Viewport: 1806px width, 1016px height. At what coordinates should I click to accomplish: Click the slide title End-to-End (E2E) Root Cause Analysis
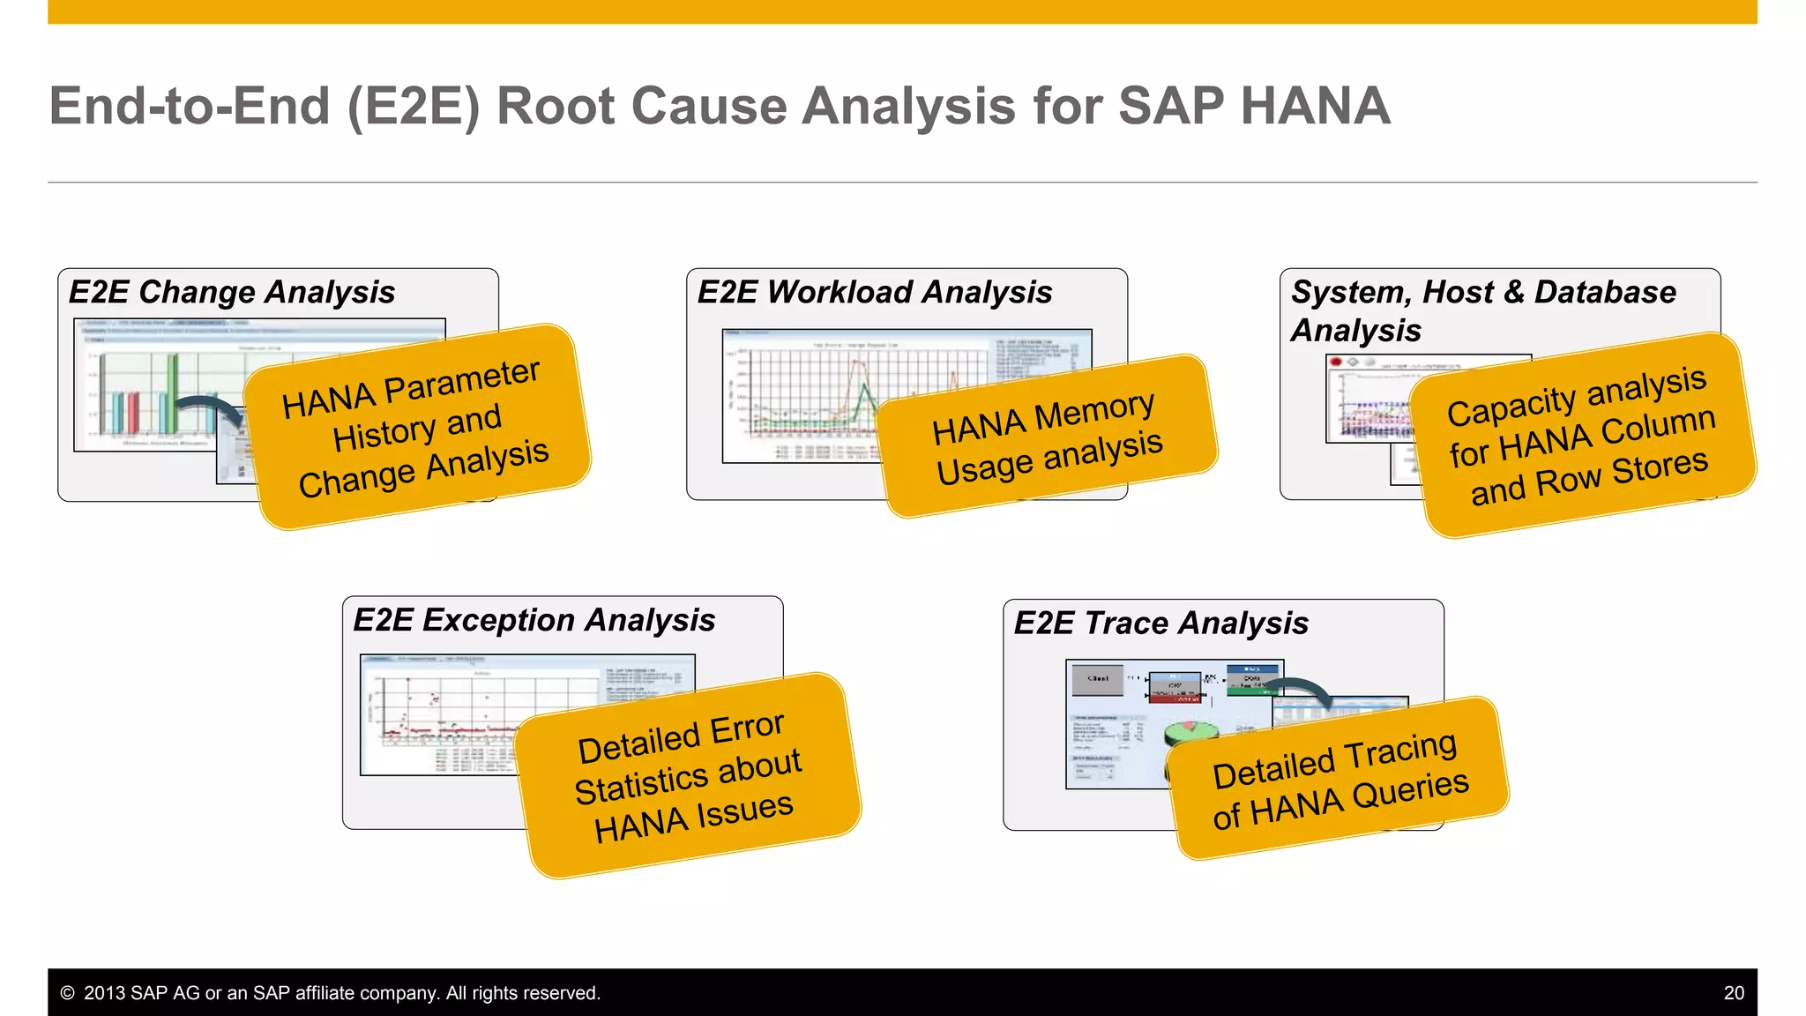(x=719, y=106)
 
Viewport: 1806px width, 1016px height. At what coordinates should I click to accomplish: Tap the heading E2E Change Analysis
(x=232, y=292)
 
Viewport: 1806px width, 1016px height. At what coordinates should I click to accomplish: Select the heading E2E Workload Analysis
(x=875, y=292)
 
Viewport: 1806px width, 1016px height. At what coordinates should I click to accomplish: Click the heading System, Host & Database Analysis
(x=1483, y=310)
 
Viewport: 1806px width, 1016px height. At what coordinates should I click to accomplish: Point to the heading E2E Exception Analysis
(x=534, y=620)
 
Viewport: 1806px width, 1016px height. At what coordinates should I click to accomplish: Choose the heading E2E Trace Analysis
(x=1161, y=624)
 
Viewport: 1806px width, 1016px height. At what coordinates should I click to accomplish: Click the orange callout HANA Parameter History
(x=416, y=428)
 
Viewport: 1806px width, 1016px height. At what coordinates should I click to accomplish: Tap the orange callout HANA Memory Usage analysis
(x=1047, y=437)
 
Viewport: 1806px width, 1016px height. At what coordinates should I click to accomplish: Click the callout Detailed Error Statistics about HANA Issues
(x=689, y=776)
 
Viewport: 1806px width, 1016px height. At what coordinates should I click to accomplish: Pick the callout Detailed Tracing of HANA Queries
(x=1339, y=779)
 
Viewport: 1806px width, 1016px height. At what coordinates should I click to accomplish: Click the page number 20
(x=1734, y=993)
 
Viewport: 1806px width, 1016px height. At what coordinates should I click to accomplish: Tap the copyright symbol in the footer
(x=67, y=993)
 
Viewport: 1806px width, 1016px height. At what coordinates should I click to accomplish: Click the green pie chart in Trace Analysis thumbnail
(x=1191, y=733)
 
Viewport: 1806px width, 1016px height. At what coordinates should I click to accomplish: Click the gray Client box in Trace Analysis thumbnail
(x=1098, y=680)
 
